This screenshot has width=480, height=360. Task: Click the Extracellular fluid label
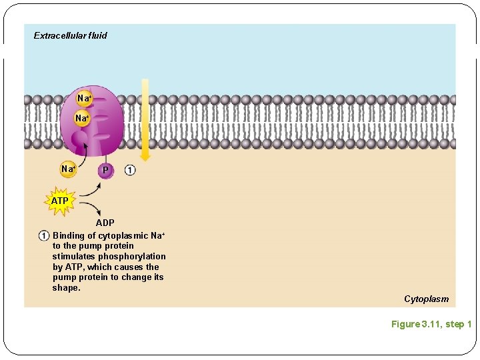pyautogui.click(x=70, y=35)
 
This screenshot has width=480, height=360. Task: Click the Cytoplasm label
pyautogui.click(x=426, y=299)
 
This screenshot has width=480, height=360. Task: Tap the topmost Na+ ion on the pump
pyautogui.click(x=84, y=99)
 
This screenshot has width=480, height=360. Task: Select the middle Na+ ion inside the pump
pyautogui.click(x=82, y=118)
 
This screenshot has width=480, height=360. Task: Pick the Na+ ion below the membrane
pyautogui.click(x=68, y=169)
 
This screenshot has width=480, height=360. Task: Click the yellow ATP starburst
pyautogui.click(x=60, y=201)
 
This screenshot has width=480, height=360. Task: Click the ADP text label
pyautogui.click(x=105, y=223)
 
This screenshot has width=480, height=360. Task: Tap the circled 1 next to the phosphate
pyautogui.click(x=129, y=170)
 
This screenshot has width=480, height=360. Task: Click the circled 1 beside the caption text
pyautogui.click(x=43, y=235)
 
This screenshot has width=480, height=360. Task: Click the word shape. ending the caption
pyautogui.click(x=66, y=288)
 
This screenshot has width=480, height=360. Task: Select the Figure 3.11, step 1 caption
pyautogui.click(x=431, y=325)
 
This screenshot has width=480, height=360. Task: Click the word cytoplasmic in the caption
pyautogui.click(x=123, y=235)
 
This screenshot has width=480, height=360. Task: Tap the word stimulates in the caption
pyautogui.click(x=73, y=256)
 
